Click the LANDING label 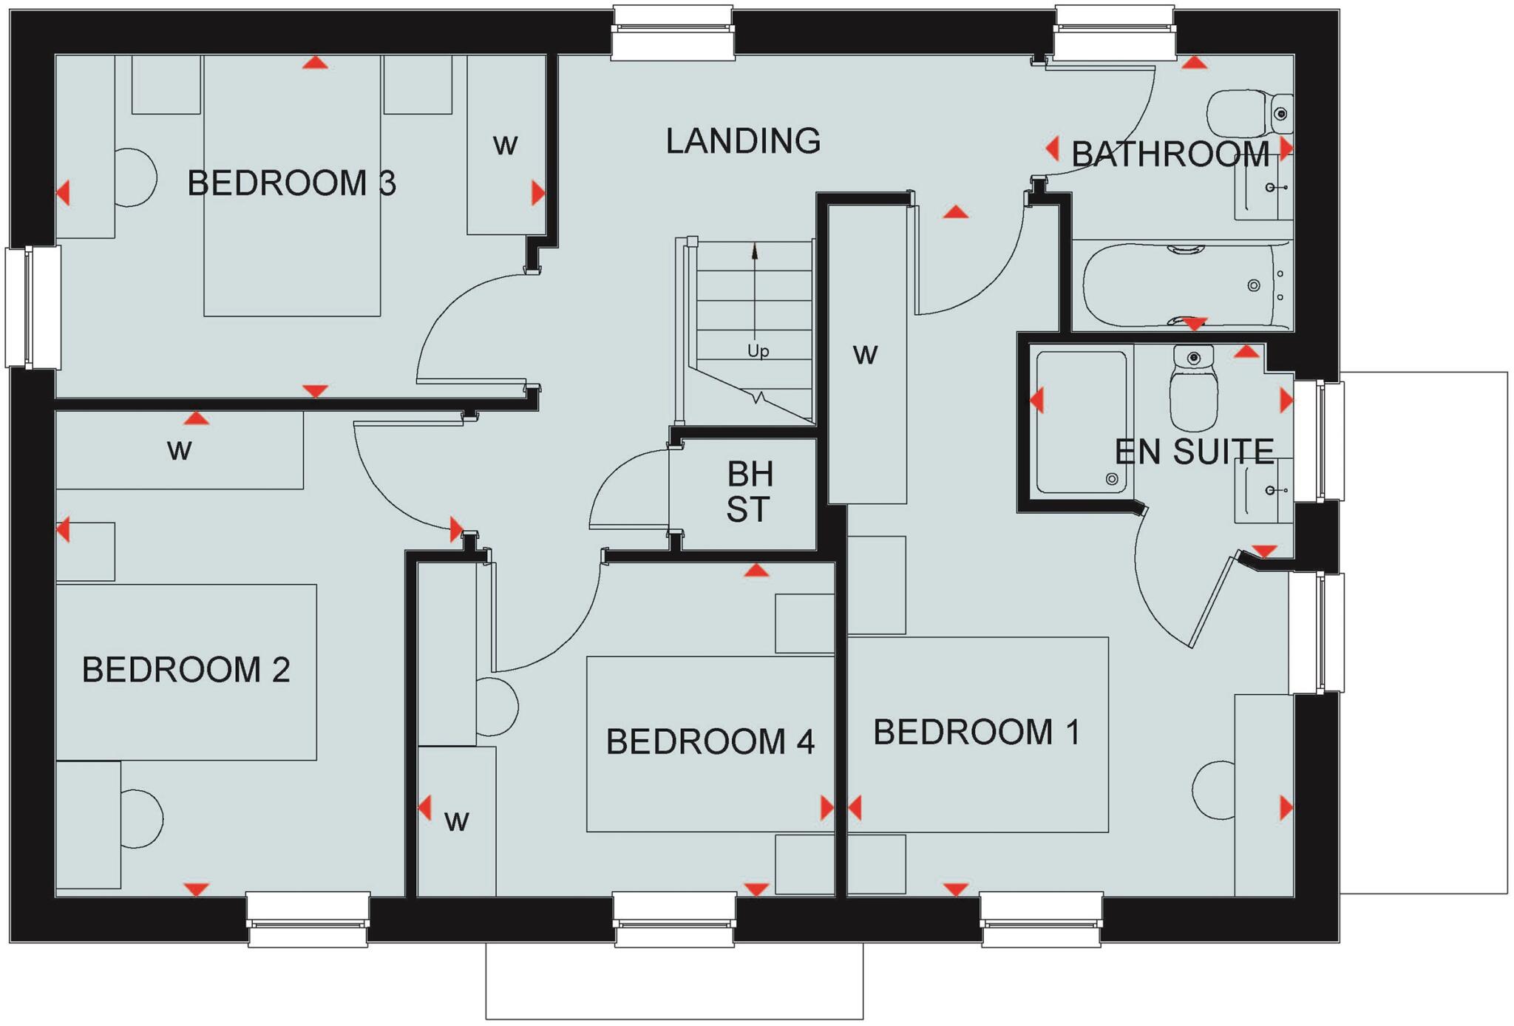[743, 140]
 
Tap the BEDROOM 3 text [291, 183]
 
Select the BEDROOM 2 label [186, 670]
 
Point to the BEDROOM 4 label [710, 741]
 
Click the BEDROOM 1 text [977, 732]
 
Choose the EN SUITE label [1194, 452]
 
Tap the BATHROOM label [1170, 154]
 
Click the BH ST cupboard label [749, 492]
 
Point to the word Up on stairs [758, 351]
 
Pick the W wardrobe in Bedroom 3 [506, 145]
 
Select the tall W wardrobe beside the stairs [866, 355]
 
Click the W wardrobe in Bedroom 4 [456, 821]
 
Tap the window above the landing [673, 33]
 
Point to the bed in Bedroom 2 [186, 671]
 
